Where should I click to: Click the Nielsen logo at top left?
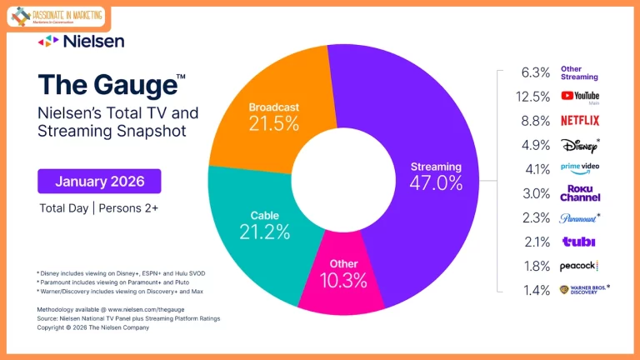click(x=81, y=41)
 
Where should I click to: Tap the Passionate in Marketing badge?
click(x=57, y=17)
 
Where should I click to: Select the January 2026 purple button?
click(x=99, y=181)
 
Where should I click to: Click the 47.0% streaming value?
click(x=435, y=183)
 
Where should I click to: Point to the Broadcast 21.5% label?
click(x=273, y=117)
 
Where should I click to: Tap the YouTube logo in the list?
click(x=580, y=97)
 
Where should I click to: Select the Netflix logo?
click(x=580, y=120)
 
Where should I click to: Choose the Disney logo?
click(x=580, y=144)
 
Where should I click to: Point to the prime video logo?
click(x=580, y=168)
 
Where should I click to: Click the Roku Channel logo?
click(x=580, y=192)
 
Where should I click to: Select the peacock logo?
click(x=580, y=266)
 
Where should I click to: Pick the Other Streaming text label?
click(x=579, y=72)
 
